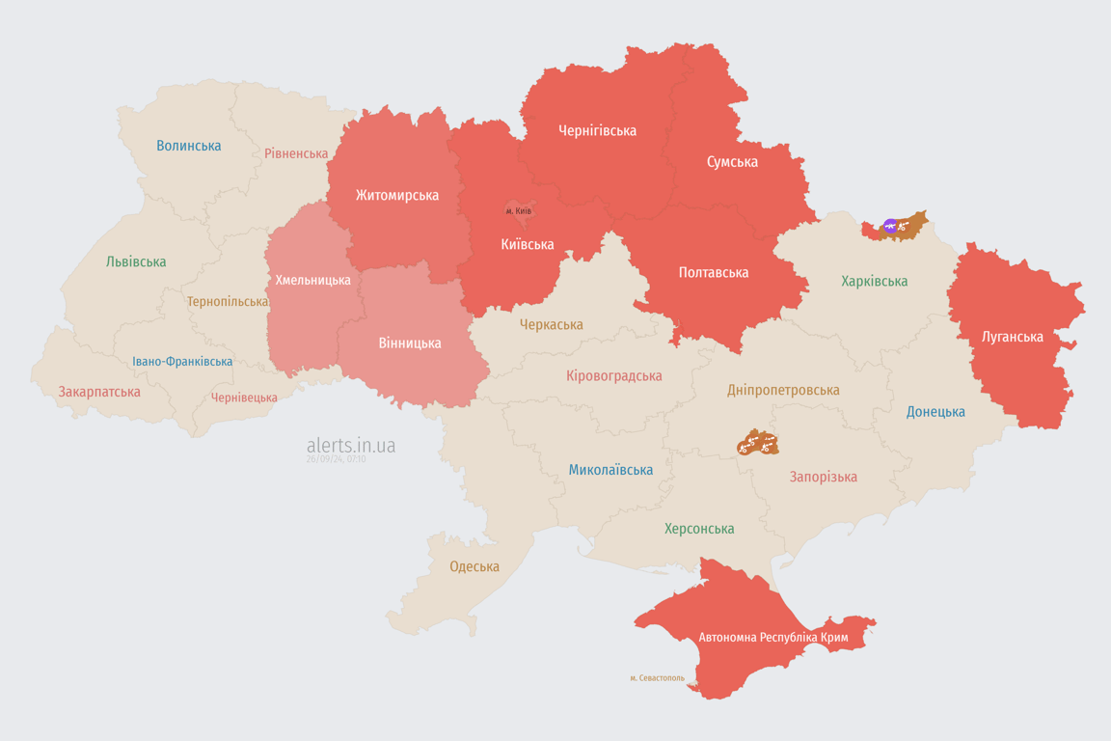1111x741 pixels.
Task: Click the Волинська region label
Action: pos(189,146)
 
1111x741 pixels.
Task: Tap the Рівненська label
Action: pos(296,153)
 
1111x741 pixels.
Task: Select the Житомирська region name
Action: pos(396,195)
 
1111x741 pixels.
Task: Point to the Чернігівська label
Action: pos(597,130)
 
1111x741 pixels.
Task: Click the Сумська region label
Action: pos(732,162)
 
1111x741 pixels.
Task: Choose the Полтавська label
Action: pos(714,272)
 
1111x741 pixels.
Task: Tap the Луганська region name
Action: pos(1012,337)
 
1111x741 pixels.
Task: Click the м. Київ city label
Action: pos(519,210)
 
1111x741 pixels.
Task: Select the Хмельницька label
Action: pos(312,280)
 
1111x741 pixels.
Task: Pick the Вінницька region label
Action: pos(410,343)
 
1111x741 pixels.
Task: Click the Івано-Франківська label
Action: pos(182,362)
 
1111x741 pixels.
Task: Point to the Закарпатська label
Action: pos(99,392)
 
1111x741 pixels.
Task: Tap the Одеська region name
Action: pos(474,566)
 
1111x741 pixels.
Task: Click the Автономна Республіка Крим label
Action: pos(772,638)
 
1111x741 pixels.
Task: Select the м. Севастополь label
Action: pos(657,678)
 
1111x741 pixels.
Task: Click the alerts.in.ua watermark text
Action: pos(351,445)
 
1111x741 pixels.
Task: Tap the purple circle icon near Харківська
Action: pos(890,227)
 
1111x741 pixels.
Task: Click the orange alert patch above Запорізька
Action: pos(757,443)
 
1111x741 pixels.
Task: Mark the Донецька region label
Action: pos(935,412)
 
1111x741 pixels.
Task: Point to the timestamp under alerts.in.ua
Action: pos(336,459)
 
